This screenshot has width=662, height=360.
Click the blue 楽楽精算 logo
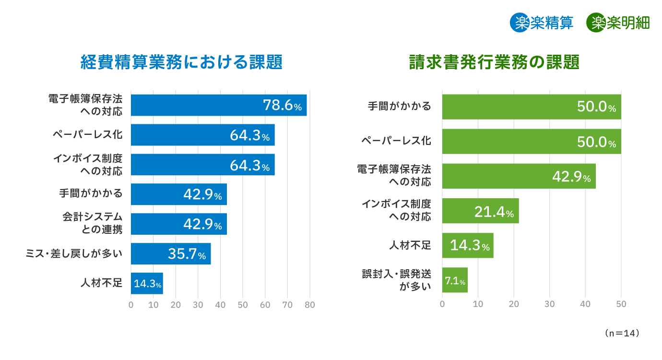(x=542, y=23)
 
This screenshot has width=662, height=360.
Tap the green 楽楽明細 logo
(x=618, y=23)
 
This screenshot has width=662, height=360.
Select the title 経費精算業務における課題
(x=181, y=62)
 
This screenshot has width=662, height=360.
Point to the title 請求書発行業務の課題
(x=494, y=62)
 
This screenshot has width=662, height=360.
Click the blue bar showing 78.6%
(x=218, y=105)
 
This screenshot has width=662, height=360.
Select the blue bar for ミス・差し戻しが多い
(x=170, y=253)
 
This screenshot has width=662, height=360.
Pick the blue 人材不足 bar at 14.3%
(x=147, y=283)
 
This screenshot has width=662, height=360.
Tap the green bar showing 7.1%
(x=454, y=280)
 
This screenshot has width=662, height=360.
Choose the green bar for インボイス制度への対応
(x=480, y=211)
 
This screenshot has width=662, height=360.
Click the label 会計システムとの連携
(x=92, y=223)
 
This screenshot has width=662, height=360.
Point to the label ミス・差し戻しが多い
(x=74, y=253)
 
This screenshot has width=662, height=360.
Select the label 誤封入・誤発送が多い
(x=396, y=280)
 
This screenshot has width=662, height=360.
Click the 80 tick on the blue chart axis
(x=310, y=304)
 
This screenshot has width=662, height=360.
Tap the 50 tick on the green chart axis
(x=621, y=304)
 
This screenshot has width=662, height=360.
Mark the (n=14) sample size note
(x=622, y=333)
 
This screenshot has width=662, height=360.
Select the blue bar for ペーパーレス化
(x=202, y=135)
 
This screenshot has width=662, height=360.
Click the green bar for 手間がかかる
(x=531, y=107)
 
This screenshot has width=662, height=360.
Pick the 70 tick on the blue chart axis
(x=287, y=304)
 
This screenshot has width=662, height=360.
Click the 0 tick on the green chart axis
(x=442, y=304)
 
